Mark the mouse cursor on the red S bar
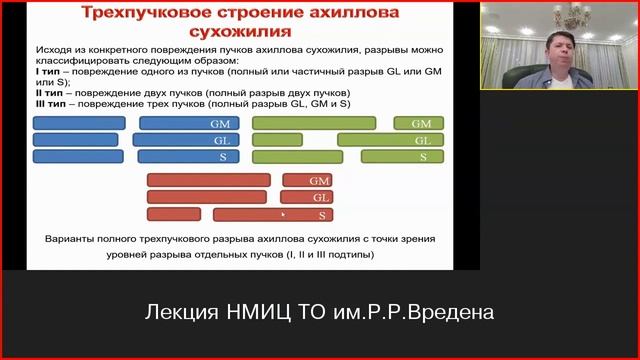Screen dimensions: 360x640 284,214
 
